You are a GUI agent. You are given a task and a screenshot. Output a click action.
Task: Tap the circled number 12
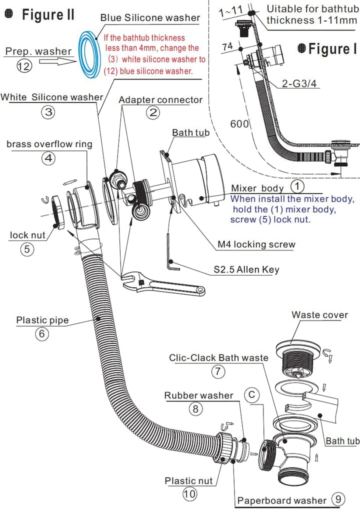coord(24,66)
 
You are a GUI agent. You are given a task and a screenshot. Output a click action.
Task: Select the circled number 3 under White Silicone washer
coord(48,112)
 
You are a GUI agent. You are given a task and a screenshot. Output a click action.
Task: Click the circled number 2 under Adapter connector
coord(153,112)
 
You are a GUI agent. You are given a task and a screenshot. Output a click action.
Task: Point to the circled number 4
coord(48,158)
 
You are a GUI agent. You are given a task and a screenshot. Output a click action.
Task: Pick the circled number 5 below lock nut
coord(27,249)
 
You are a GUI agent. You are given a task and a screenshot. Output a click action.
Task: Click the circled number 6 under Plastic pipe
coord(42,334)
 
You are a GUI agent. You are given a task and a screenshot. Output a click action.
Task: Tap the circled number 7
coord(218,371)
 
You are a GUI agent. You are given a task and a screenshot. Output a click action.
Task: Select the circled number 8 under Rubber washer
coord(195,408)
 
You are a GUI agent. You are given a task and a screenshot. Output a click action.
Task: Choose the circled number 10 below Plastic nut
coord(190,494)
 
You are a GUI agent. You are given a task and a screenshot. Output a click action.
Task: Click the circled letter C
coord(251,395)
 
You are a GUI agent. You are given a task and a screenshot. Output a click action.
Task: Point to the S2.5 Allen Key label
coord(246,269)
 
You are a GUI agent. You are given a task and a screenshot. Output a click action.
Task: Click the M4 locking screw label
coord(256,244)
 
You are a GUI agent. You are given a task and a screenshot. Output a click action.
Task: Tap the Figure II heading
coord(48,14)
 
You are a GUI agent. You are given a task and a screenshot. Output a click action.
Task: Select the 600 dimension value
coord(239,123)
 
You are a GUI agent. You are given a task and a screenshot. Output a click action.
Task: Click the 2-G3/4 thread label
coord(299,83)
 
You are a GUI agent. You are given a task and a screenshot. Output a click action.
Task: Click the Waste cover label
coord(319,314)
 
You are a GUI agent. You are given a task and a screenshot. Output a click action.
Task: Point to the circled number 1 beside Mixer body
coord(297,186)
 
